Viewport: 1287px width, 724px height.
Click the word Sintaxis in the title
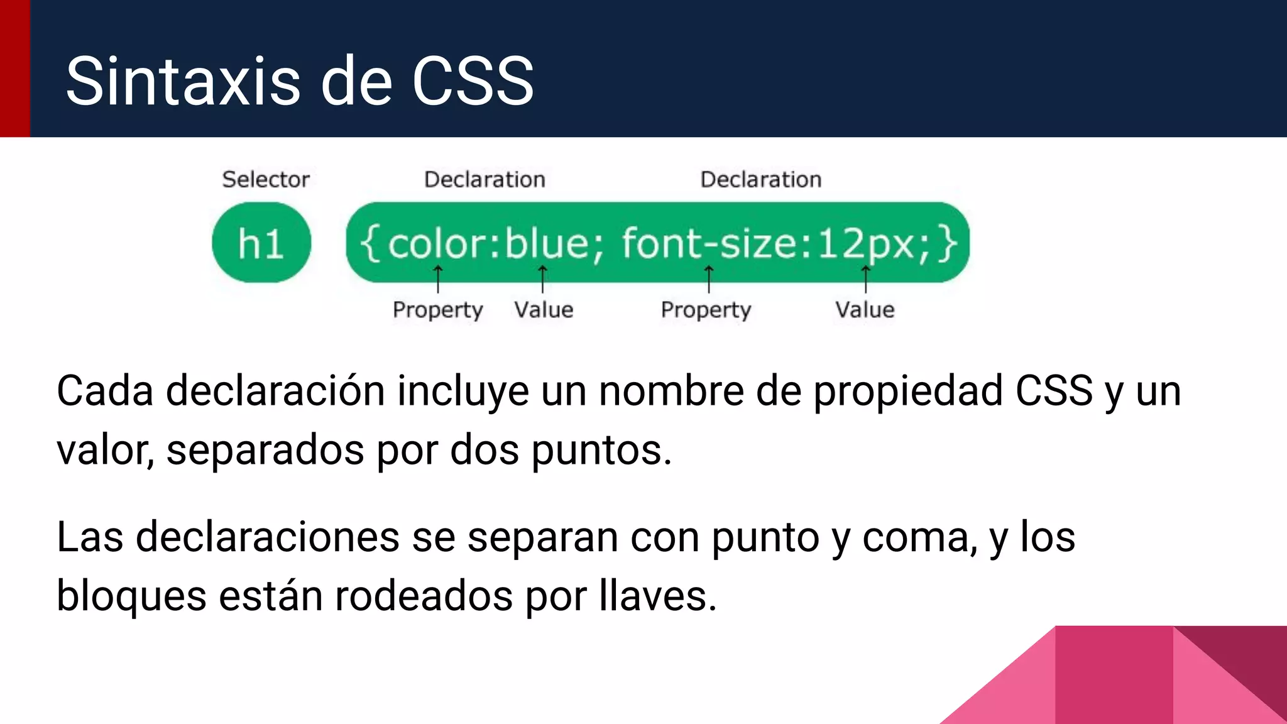coord(183,81)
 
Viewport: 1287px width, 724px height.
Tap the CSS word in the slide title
coord(473,81)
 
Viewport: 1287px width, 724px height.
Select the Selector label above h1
coord(266,180)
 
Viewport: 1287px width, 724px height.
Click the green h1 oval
coord(261,243)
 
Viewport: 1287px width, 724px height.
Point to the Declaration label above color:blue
coord(485,180)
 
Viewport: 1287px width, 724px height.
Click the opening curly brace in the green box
coord(370,244)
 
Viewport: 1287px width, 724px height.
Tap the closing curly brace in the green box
coord(948,244)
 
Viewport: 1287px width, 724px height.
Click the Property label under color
coord(437,310)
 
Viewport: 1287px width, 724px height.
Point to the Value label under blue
coord(544,310)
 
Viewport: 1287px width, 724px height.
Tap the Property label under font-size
coord(706,310)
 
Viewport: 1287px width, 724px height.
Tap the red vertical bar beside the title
coord(14,69)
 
